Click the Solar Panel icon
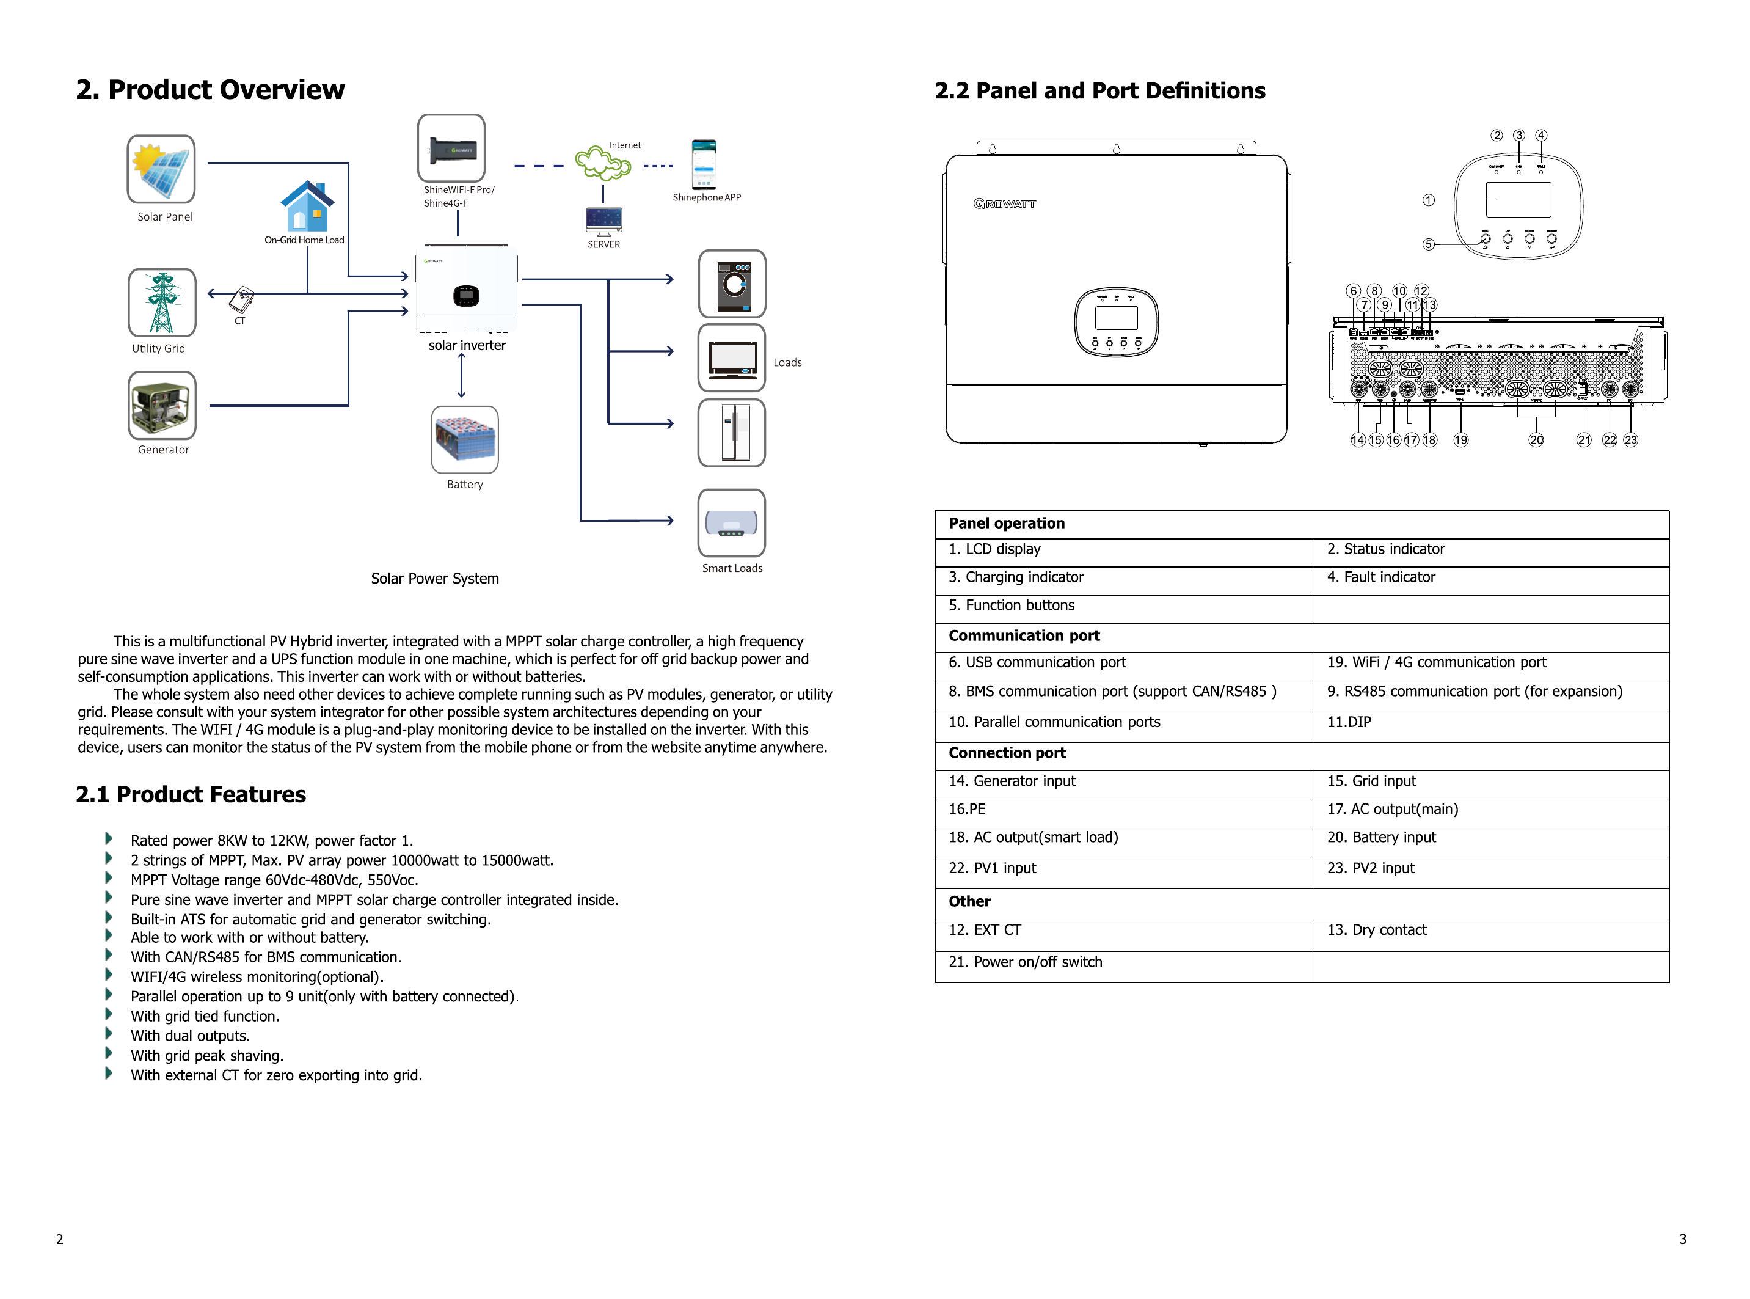[161, 169]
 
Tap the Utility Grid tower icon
[162, 302]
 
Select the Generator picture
[162, 406]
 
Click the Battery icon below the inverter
[465, 439]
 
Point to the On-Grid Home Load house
[307, 206]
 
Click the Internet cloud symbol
[603, 163]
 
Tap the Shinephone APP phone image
[704, 164]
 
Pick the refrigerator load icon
[732, 433]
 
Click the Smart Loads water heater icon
[732, 523]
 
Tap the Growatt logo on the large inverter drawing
[1005, 203]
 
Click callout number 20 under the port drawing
[1536, 441]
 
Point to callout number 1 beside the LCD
[1429, 200]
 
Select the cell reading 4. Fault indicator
[1381, 577]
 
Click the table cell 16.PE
[967, 809]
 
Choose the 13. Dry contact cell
[1377, 930]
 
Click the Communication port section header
[1024, 635]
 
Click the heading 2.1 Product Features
[191, 794]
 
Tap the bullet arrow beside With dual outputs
[109, 1034]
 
